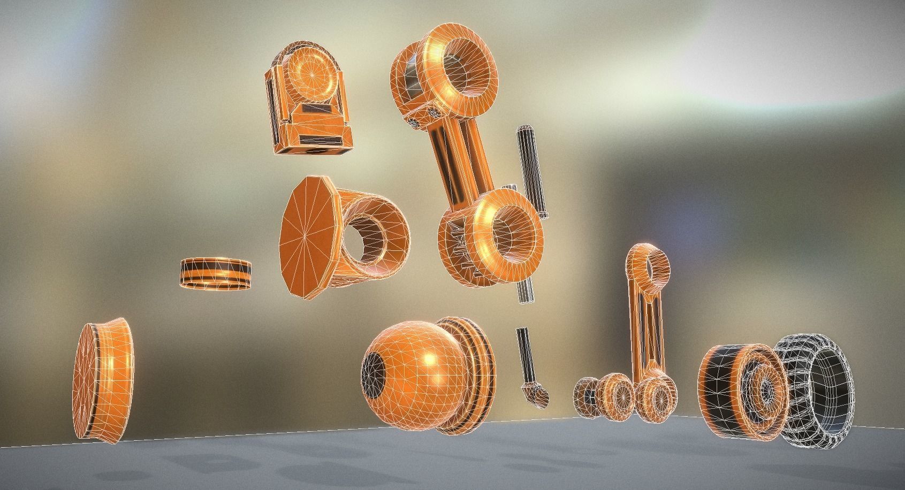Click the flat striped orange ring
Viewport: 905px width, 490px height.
(x=216, y=274)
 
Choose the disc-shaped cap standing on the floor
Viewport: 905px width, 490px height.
(x=102, y=380)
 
